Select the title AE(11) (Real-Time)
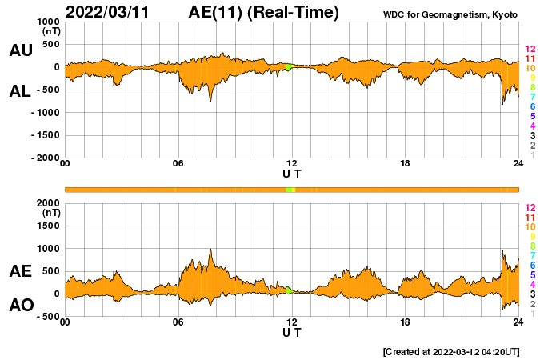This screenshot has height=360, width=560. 264,12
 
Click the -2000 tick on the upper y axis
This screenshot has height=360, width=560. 45,158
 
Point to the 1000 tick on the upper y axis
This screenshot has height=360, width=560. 49,22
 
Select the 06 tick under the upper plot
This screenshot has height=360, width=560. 178,164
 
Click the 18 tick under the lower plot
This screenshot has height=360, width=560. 406,322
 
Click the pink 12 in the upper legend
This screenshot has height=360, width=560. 530,50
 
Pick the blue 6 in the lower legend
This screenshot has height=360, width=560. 532,265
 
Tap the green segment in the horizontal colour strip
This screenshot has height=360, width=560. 290,189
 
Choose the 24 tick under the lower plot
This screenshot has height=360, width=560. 518,322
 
